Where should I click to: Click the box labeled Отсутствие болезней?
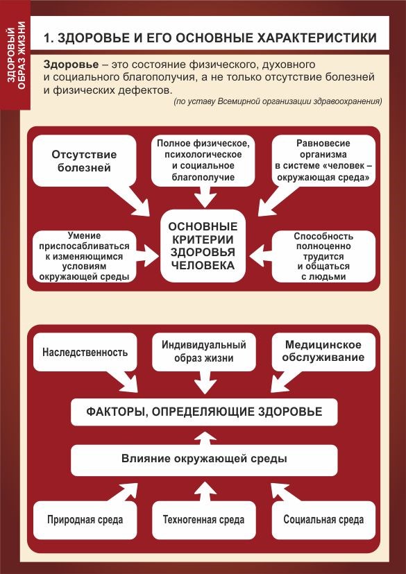84,161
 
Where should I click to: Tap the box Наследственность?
85,352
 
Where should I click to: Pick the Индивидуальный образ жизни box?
203,351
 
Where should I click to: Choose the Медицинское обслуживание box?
324,351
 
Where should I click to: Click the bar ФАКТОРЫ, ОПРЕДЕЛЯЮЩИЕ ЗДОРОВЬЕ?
204,411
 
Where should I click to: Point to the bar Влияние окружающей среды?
204,459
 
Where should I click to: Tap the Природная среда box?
85,520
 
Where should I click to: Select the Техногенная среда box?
203,520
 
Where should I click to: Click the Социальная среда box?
324,520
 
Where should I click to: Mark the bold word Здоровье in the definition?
71,65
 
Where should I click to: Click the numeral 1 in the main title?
46,39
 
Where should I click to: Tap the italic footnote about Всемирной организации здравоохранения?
278,101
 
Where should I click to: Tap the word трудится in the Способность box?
324,256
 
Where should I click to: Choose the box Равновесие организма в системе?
324,160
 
